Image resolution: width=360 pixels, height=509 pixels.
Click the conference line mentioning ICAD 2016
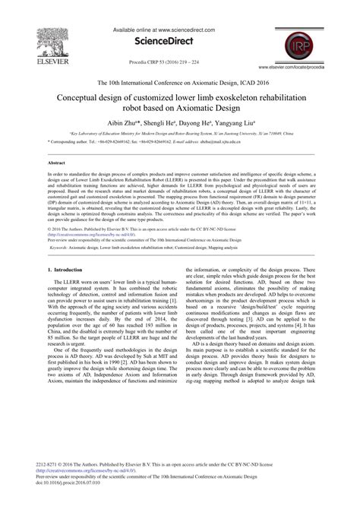[180, 84]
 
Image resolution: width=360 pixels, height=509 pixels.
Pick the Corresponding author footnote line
[152, 141]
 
